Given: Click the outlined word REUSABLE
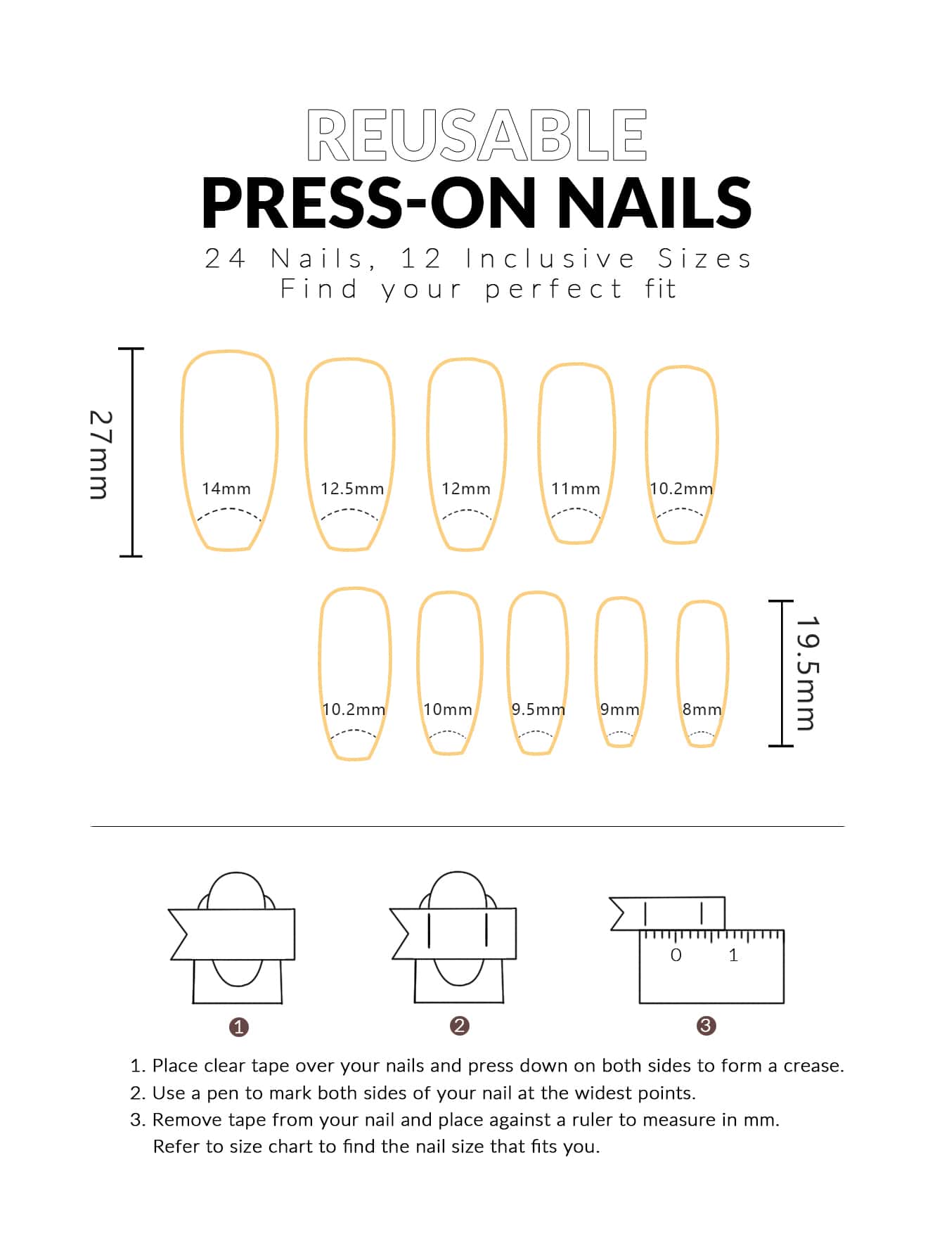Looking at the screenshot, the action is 477,135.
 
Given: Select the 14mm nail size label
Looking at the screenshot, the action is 226,489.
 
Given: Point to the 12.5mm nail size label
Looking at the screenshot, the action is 352,489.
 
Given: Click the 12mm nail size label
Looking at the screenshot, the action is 466,489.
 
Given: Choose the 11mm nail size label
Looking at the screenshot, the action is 576,489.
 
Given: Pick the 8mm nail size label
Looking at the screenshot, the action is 702,709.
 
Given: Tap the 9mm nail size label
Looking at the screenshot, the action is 620,709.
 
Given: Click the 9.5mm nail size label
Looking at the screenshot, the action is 538,709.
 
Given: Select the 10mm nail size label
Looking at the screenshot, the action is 448,709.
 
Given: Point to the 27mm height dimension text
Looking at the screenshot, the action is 99,454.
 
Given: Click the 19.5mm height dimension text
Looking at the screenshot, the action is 807,673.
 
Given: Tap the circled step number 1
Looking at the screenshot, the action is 239,1026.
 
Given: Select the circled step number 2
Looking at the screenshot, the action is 460,1025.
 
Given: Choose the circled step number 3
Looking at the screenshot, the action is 706,1025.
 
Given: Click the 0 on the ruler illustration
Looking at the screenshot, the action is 676,955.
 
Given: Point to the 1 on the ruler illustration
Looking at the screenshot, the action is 733,955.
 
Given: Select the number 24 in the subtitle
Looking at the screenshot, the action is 225,259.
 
